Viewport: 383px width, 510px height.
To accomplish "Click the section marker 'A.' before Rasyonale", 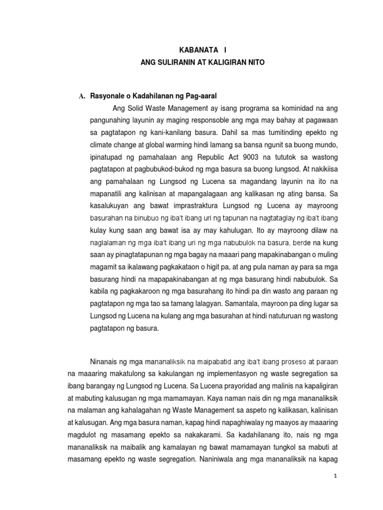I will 77,95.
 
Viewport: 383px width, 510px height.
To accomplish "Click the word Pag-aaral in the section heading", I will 197,95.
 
